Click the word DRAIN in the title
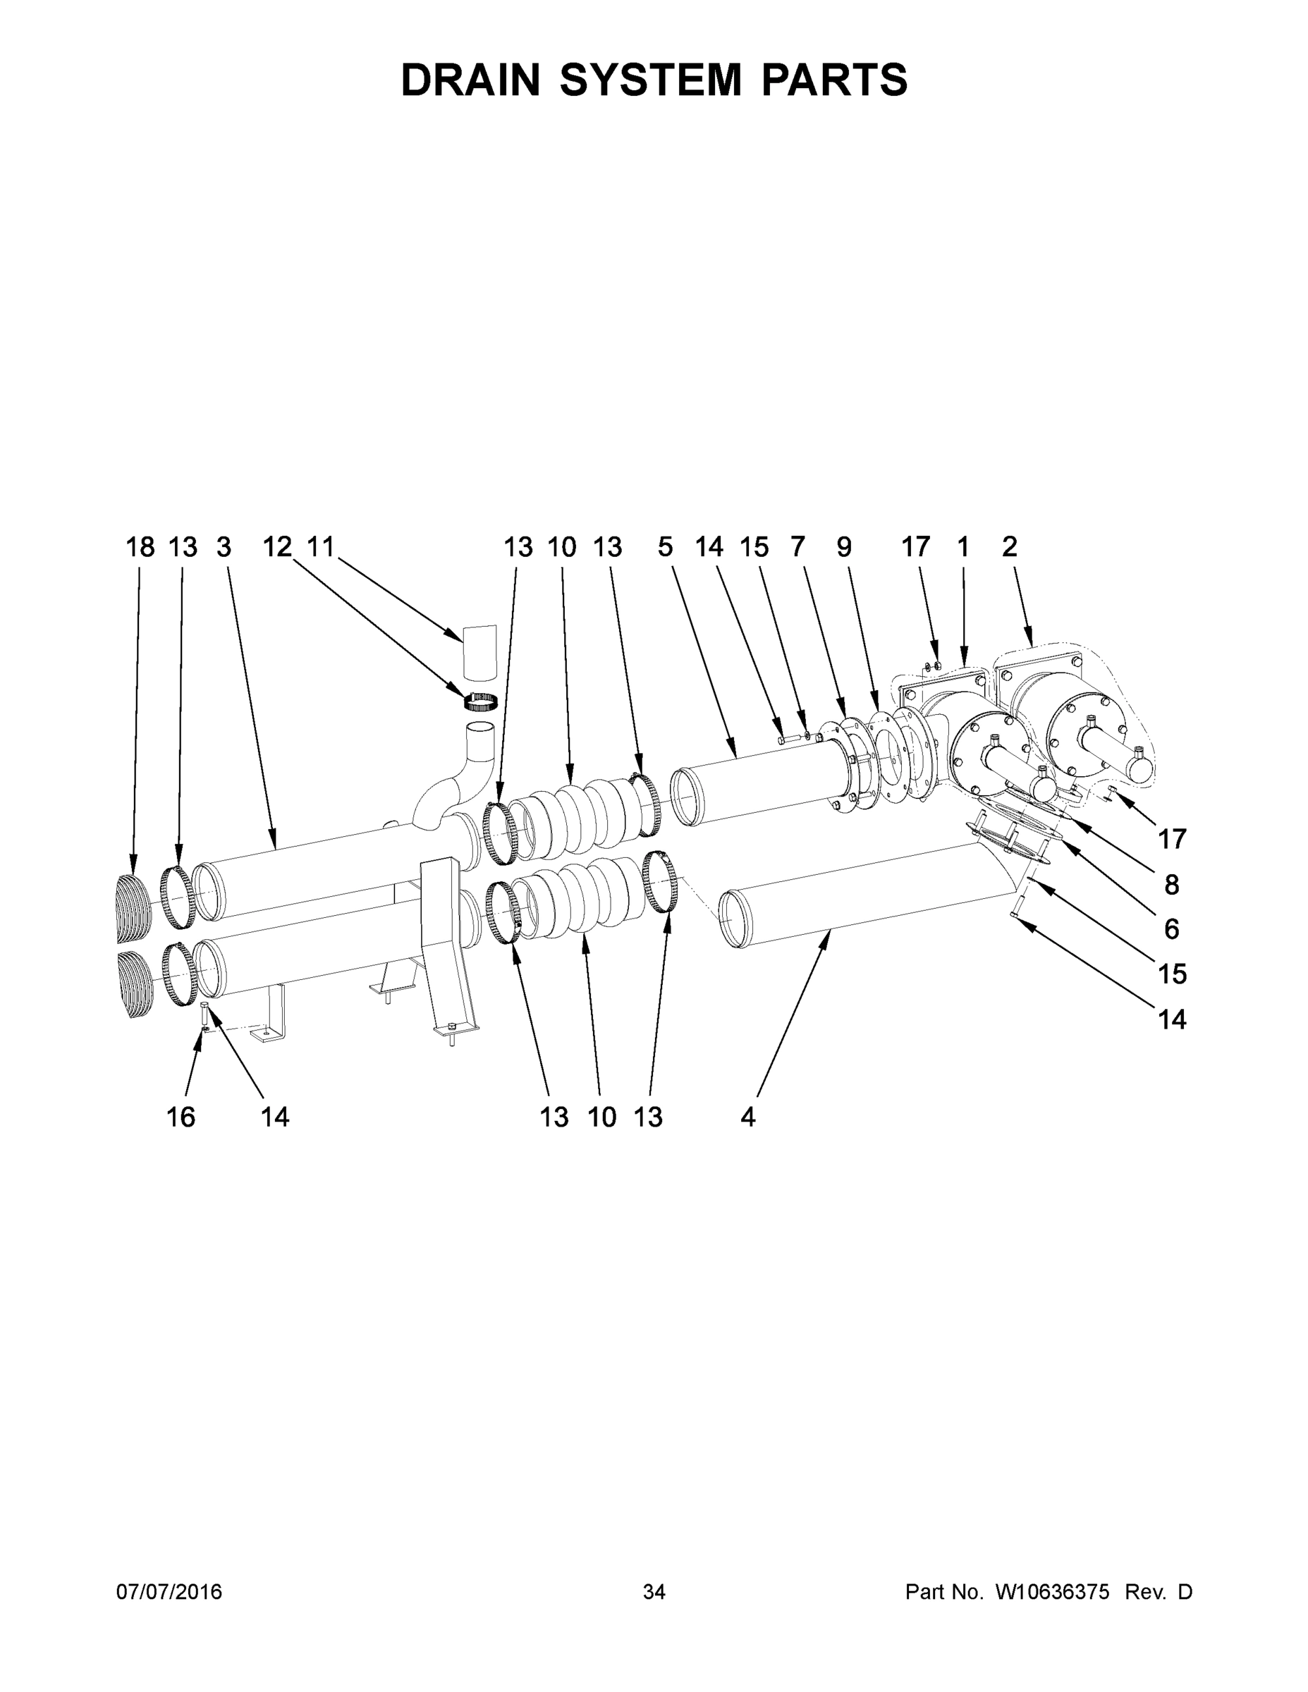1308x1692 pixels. click(x=470, y=80)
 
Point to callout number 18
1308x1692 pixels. click(x=140, y=548)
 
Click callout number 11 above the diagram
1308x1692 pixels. click(x=320, y=548)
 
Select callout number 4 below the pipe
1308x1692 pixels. click(x=747, y=1117)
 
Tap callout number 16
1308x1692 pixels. click(x=181, y=1117)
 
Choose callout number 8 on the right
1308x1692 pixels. click(x=1171, y=884)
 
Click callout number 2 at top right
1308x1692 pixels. click(x=1009, y=548)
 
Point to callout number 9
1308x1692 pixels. click(x=844, y=548)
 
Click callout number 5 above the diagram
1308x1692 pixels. click(x=666, y=548)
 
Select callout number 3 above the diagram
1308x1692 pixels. click(x=224, y=548)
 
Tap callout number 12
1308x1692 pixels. click(x=276, y=548)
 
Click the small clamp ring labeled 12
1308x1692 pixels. click(x=480, y=702)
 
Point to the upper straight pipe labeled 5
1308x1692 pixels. click(x=759, y=783)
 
